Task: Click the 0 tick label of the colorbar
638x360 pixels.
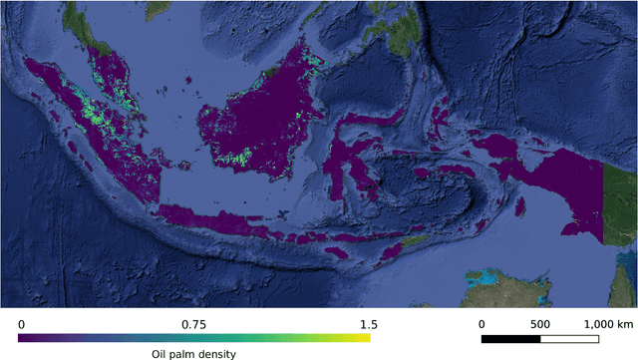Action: pyautogui.click(x=22, y=324)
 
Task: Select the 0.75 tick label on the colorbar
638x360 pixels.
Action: pyautogui.click(x=193, y=324)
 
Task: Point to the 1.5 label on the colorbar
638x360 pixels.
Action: pyautogui.click(x=368, y=324)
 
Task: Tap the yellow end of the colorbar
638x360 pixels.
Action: pyautogui.click(x=365, y=338)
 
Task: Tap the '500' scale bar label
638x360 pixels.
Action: pyautogui.click(x=540, y=324)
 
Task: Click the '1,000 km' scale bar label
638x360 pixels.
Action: pyautogui.click(x=607, y=324)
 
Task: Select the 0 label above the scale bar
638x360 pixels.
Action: pyautogui.click(x=481, y=324)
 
